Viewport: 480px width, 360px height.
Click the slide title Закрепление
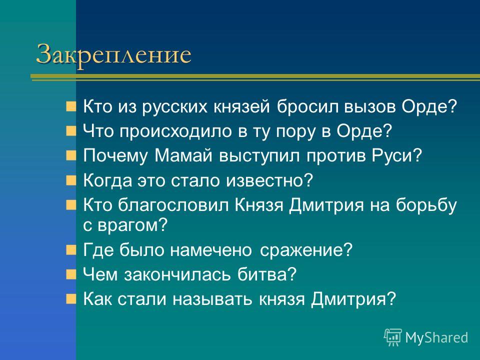[x=113, y=54]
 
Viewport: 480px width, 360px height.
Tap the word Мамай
[x=183, y=155]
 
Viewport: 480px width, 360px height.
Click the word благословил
[x=173, y=204]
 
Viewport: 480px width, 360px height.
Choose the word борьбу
[x=426, y=205]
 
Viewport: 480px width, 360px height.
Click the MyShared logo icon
[x=393, y=337]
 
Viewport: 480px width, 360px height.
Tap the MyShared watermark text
[x=436, y=337]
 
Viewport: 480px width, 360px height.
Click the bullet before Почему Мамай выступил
[x=70, y=156]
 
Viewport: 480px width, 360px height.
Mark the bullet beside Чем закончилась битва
[x=70, y=274]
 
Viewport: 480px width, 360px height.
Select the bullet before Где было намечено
[x=70, y=250]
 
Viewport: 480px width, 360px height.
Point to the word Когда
[x=107, y=180]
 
